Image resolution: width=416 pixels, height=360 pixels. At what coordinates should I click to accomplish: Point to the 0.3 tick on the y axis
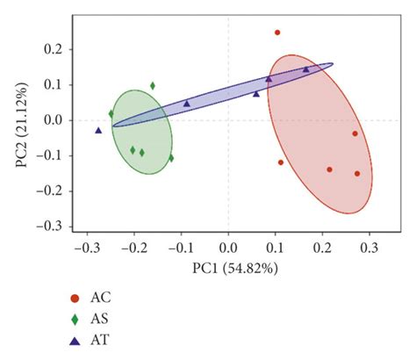tap(54, 15)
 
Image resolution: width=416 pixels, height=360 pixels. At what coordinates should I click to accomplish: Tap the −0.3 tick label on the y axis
tap(50, 226)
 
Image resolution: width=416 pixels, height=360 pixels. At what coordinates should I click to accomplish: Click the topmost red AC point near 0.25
tap(277, 32)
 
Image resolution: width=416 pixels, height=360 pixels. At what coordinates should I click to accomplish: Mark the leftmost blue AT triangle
tap(98, 130)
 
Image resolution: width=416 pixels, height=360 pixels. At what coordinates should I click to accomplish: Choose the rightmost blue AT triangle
tap(306, 69)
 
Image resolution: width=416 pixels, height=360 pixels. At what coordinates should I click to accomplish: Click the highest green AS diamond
tap(153, 86)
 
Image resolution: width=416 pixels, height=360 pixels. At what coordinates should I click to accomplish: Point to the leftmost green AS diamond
tap(111, 113)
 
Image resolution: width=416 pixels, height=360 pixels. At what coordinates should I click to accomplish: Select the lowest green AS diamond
tap(171, 158)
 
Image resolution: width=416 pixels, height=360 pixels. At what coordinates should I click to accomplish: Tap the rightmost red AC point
tap(357, 173)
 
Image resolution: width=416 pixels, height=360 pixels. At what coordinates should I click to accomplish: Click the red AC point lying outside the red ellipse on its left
tap(281, 162)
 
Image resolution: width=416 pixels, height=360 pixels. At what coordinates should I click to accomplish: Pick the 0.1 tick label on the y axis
tap(54, 85)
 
